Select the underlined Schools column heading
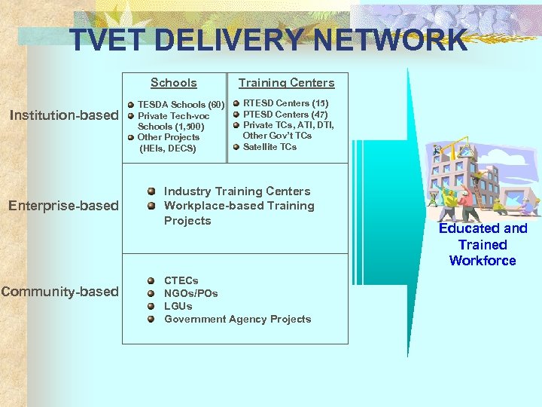click(173, 83)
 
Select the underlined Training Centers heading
click(286, 83)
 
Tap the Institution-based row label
click(63, 115)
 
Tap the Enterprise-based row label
click(63, 205)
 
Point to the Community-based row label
click(60, 291)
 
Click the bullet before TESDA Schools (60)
click(130, 105)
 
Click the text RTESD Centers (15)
click(285, 103)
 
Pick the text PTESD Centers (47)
click(285, 114)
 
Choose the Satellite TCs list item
click(269, 147)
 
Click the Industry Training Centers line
click(236, 191)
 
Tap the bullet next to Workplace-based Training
click(151, 206)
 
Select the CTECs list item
click(181, 280)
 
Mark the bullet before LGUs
click(151, 306)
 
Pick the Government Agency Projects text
click(237, 319)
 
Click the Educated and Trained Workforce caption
click(483, 244)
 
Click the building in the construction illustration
click(463, 173)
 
